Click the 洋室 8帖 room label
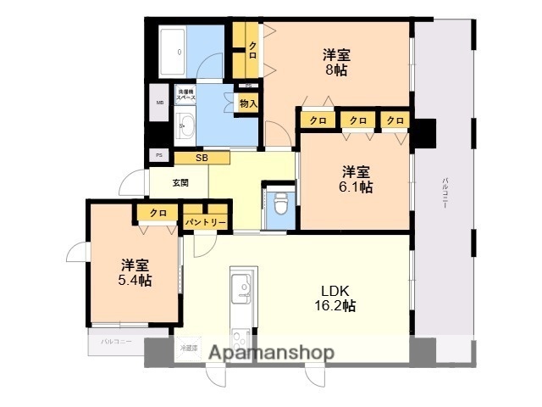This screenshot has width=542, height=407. (337, 62)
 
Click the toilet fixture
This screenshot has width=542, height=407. (279, 204)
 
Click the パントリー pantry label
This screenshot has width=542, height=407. (207, 222)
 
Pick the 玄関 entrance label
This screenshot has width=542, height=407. (180, 182)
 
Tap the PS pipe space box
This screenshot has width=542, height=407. (158, 155)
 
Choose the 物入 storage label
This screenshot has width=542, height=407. (248, 103)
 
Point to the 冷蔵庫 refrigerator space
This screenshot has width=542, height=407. (187, 348)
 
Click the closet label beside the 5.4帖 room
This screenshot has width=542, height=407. (157, 213)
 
